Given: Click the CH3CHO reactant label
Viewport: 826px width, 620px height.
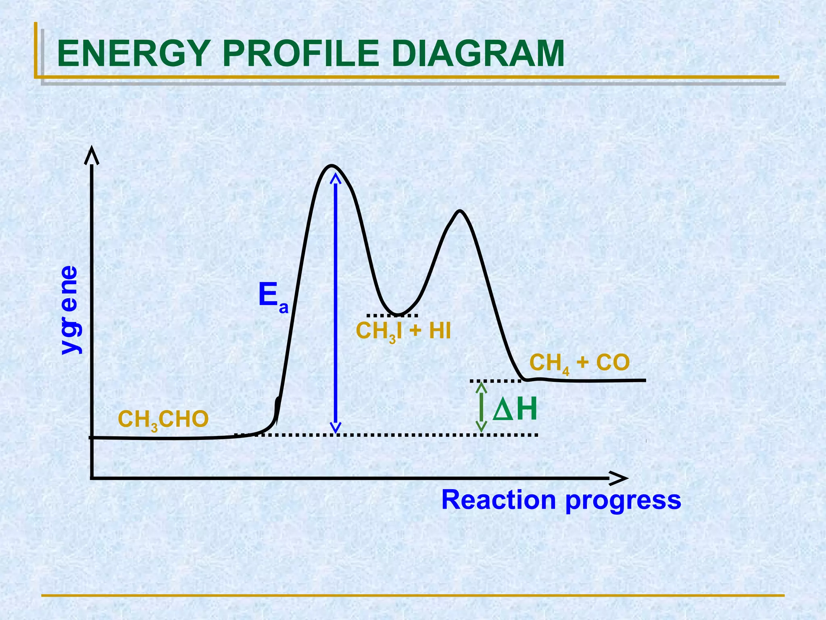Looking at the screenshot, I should click(x=163, y=420).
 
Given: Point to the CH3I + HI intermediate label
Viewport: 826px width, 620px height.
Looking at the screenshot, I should click(x=403, y=332).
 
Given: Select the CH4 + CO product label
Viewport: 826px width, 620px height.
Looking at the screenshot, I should click(x=579, y=363).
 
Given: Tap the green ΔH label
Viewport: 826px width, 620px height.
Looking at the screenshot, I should click(x=515, y=410).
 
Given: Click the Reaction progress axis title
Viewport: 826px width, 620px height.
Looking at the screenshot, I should click(x=561, y=501).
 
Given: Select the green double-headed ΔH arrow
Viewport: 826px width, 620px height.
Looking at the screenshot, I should click(x=481, y=407).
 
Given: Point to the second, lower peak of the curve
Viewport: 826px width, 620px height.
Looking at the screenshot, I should click(x=459, y=211).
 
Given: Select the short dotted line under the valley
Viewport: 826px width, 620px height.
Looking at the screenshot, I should click(x=392, y=316).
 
